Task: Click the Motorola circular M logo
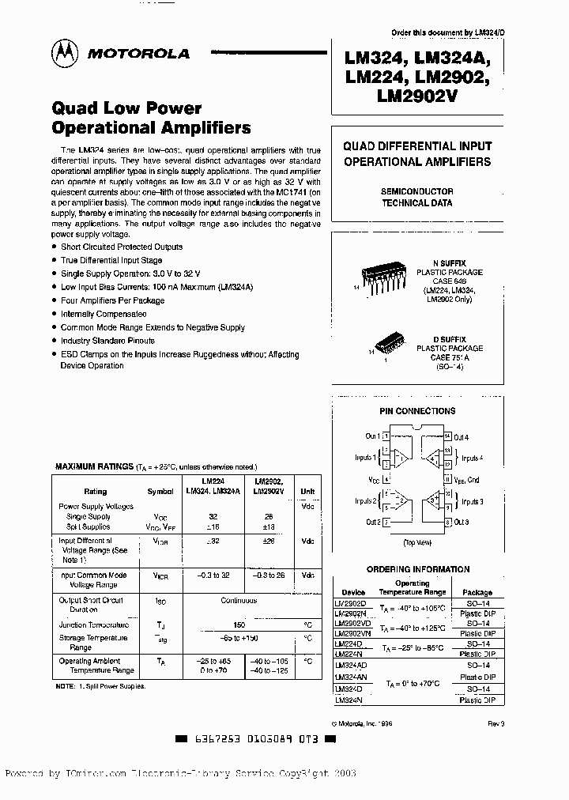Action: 65,54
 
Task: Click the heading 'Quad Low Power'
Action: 126,108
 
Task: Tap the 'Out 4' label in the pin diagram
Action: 462,437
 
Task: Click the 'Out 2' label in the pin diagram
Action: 373,523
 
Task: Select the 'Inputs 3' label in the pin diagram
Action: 472,502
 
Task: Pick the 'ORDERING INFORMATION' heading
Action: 417,569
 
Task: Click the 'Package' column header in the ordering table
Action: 477,592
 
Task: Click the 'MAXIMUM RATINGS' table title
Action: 93,467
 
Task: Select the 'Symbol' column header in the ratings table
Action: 160,491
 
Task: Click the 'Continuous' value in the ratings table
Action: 239,601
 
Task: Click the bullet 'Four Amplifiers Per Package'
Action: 112,300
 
